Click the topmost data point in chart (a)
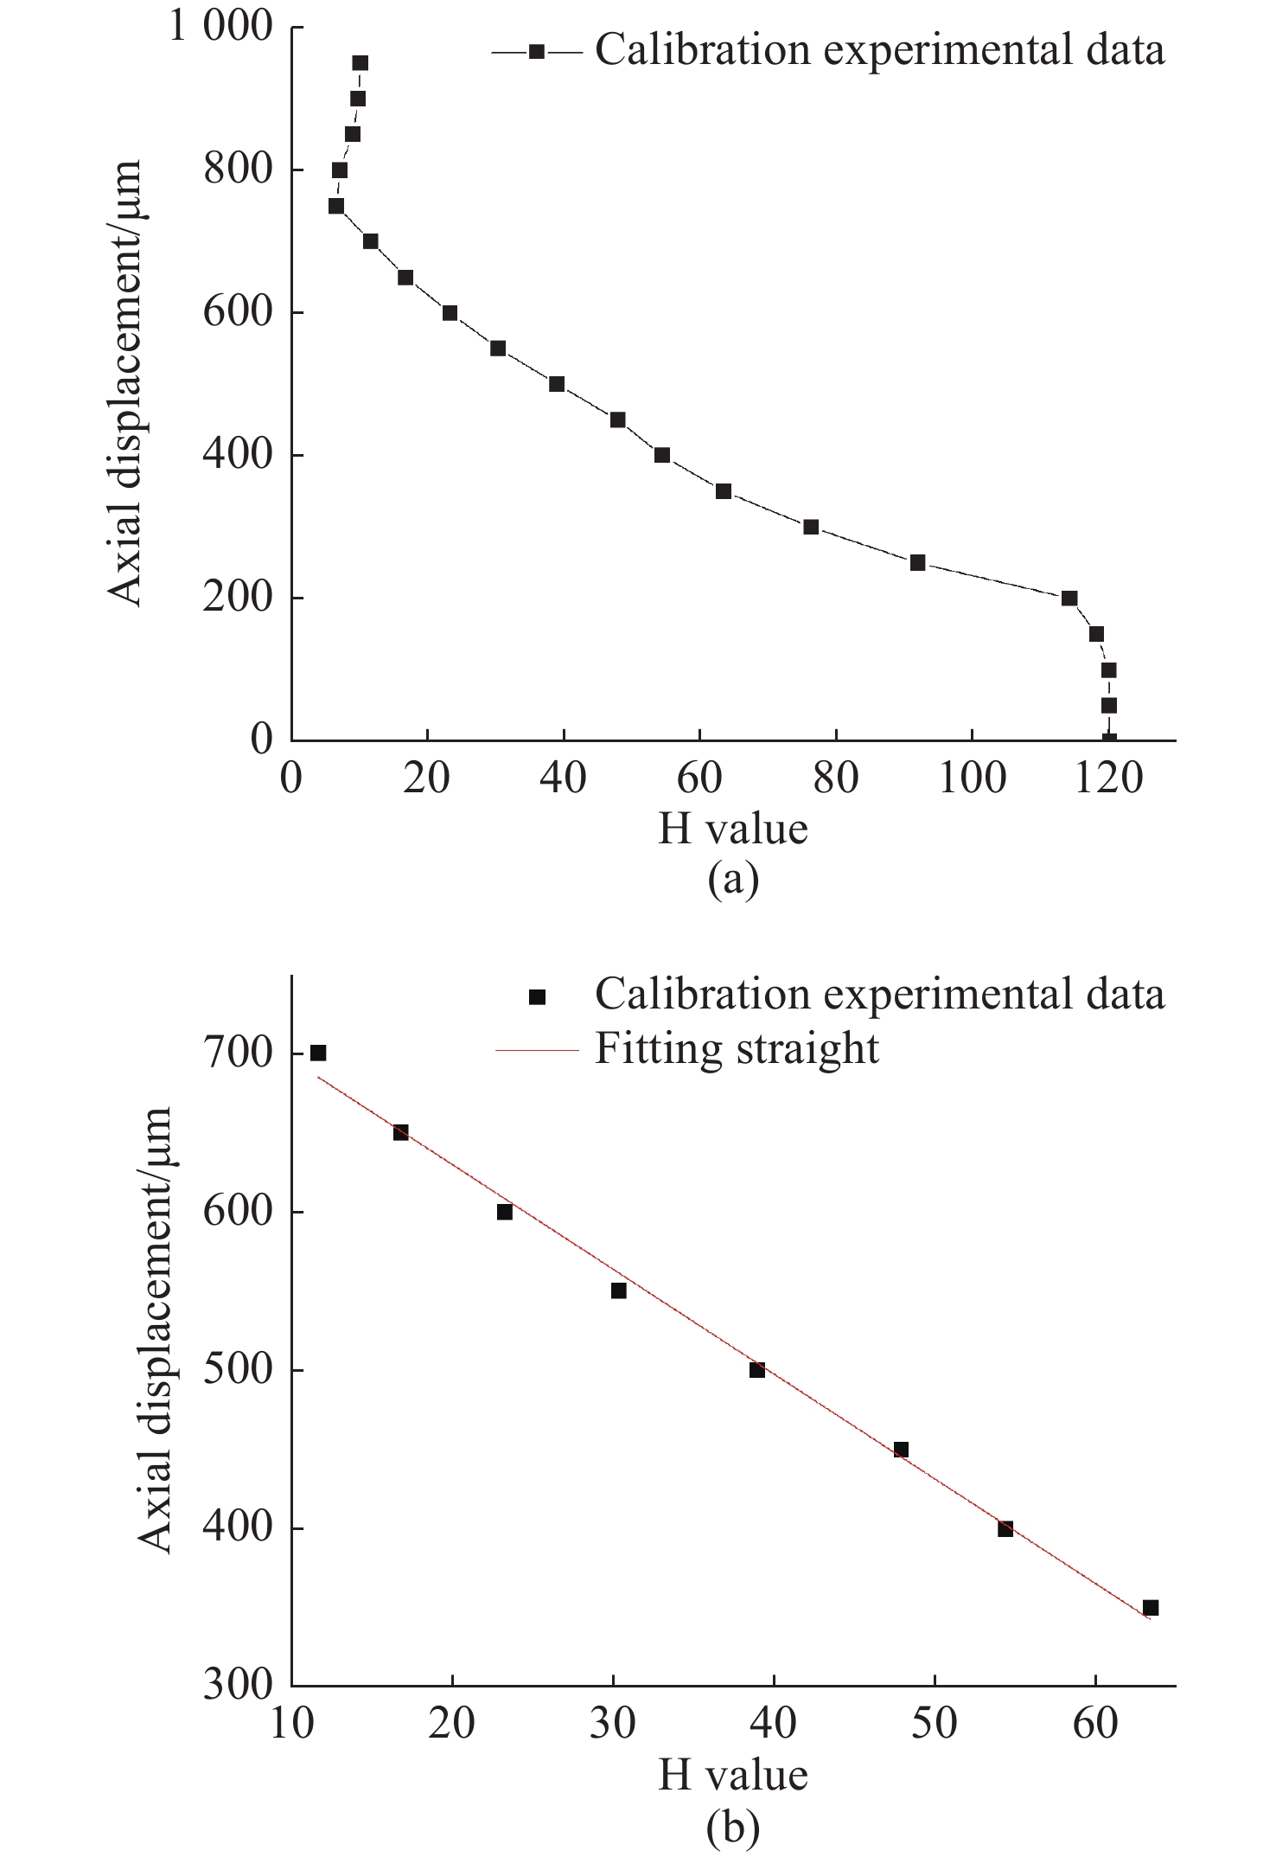[360, 63]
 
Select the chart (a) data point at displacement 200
[1069, 599]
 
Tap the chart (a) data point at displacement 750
[336, 206]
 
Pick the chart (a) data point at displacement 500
[557, 384]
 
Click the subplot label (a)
[733, 880]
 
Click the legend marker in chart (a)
[537, 52]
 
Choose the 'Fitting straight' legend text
[737, 1049]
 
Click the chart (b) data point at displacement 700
[318, 1053]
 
